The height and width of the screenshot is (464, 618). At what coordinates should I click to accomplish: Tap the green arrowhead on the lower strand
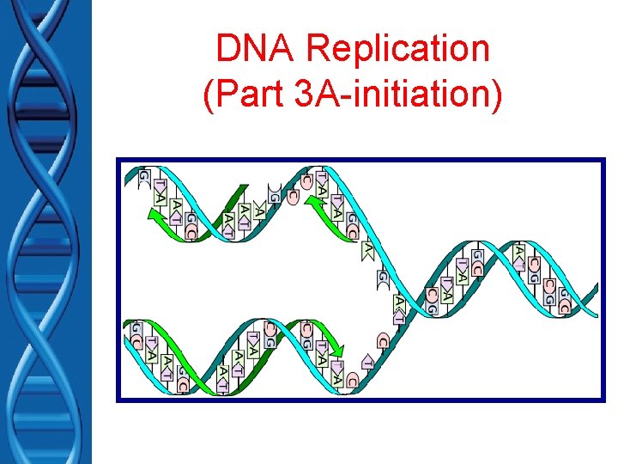(x=338, y=350)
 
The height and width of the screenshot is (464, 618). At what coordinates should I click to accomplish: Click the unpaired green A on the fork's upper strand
(x=367, y=249)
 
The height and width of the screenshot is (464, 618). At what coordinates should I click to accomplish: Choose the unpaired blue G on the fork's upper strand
(x=382, y=278)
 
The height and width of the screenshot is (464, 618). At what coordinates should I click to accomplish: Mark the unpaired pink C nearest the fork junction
(x=382, y=340)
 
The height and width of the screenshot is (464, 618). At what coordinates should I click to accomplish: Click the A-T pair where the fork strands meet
(x=399, y=308)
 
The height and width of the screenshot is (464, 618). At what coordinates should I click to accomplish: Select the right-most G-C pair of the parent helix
(x=564, y=300)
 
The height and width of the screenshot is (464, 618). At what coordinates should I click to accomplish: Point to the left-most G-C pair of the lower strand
(x=137, y=336)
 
